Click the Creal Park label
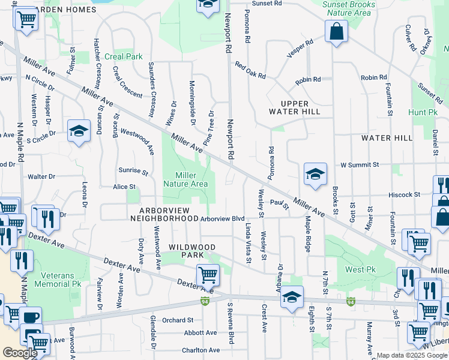tap(124, 56)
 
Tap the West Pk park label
tap(360, 269)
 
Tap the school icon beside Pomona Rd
tap(315, 174)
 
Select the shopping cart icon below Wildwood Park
tap(208, 275)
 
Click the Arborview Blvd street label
tap(223, 219)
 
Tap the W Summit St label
tap(360, 164)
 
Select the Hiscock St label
tap(403, 194)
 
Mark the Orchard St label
tap(177, 320)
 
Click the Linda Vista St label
tap(248, 242)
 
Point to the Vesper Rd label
tap(301, 47)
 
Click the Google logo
tap(20, 353)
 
